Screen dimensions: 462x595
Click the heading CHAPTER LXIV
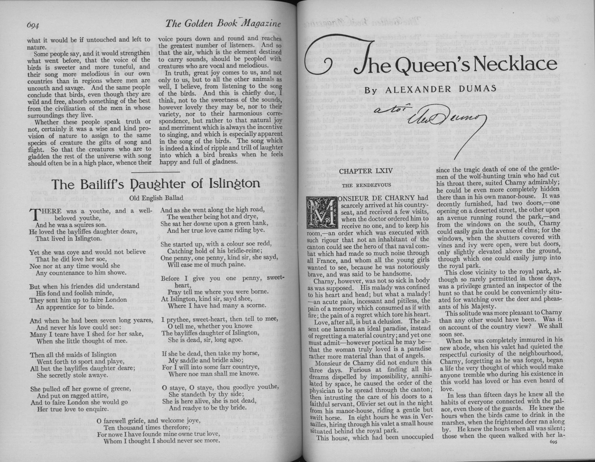(366, 171)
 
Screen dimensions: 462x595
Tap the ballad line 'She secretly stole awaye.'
(72, 375)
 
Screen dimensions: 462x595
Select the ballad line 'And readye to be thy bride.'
(208, 408)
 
